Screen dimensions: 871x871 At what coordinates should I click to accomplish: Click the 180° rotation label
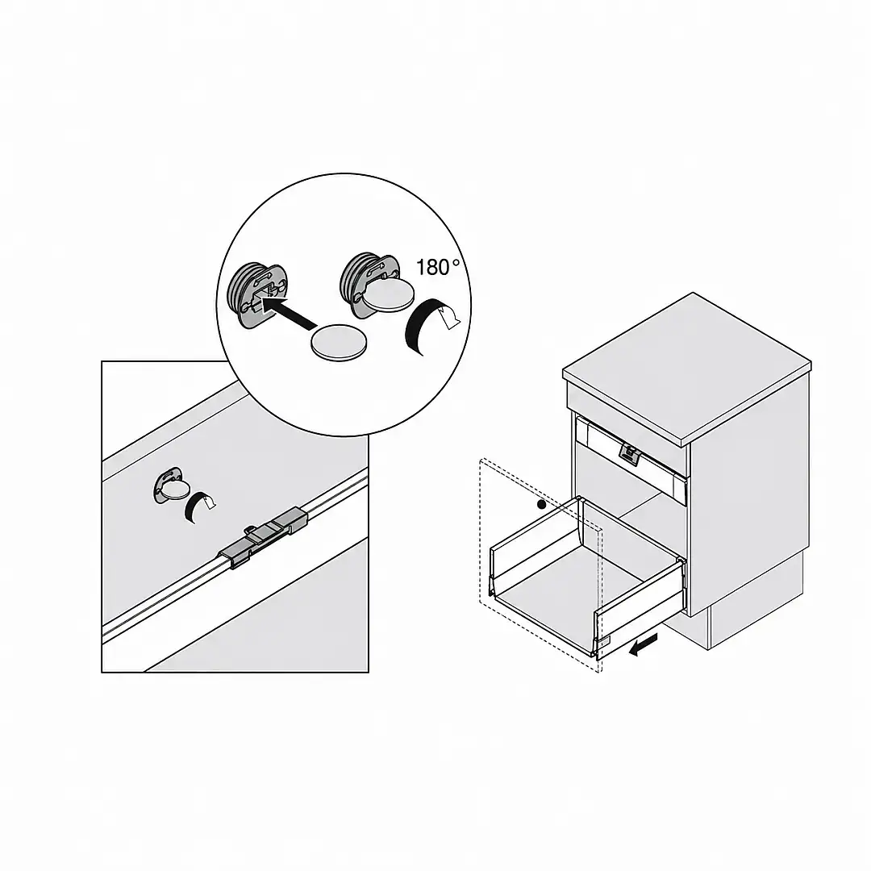coord(438,267)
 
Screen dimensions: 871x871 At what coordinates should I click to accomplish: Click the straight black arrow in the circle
coord(288,313)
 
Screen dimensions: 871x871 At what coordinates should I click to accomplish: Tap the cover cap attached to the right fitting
coord(387,294)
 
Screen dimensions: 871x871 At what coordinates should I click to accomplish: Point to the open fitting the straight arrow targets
coord(257,294)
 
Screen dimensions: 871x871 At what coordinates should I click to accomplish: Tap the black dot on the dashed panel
coord(542,504)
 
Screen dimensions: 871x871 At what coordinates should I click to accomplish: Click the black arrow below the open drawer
coord(644,646)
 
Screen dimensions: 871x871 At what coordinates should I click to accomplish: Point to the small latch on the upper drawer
coord(629,454)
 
